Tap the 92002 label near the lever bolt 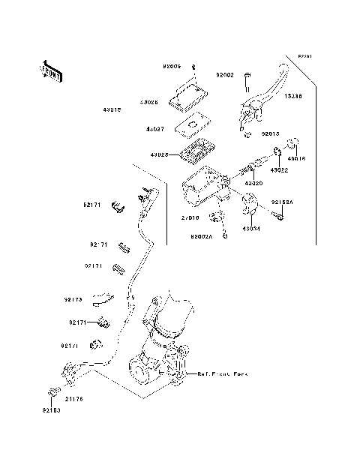[225, 75]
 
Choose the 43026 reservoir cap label [149, 103]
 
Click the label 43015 [112, 109]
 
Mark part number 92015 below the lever [271, 135]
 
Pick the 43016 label [298, 158]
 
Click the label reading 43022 [280, 170]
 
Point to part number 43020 [253, 182]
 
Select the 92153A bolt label [282, 202]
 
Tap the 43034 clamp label [251, 229]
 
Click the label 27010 [190, 218]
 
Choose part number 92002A [202, 235]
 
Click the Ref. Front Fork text [223, 373]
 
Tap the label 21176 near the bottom [75, 399]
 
